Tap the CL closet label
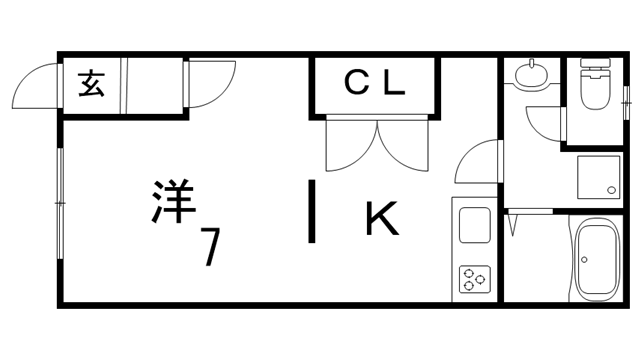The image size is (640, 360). click(x=375, y=84)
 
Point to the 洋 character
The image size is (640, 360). click(x=171, y=201)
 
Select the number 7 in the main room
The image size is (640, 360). click(x=211, y=246)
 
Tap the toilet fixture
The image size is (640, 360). click(x=595, y=87)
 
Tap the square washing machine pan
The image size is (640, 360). click(x=597, y=178)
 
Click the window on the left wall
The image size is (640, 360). click(x=59, y=205)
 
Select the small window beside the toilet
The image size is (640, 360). click(x=627, y=100)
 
